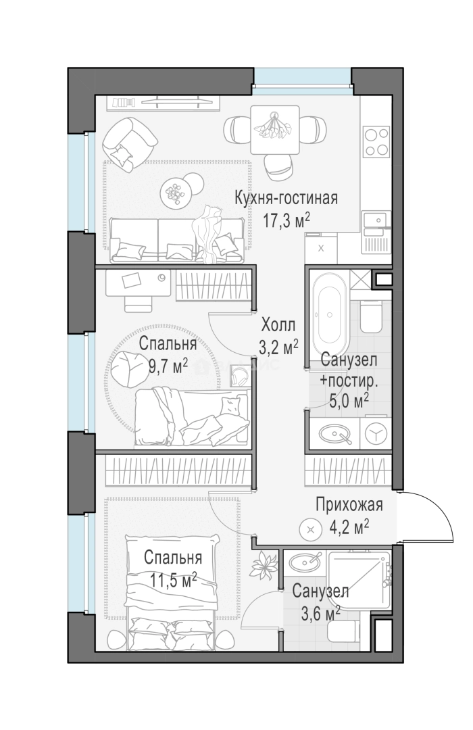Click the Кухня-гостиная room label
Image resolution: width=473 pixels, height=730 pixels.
pos(286,198)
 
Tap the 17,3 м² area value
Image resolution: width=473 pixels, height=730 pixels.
pos(287,220)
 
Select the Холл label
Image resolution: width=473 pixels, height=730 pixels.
pos(278,324)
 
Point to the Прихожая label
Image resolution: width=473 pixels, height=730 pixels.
pos(349,505)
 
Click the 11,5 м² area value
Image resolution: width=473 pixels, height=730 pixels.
pos(174,580)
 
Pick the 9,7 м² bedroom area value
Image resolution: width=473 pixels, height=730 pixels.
pos(168,366)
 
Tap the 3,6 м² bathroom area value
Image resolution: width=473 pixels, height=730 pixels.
pos(320,614)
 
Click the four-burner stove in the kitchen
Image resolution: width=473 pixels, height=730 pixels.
pos(376,141)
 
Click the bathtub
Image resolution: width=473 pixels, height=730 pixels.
pos(330,316)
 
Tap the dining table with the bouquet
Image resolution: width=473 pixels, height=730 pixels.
pos(274,129)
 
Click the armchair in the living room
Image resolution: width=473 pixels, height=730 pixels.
pos(129,143)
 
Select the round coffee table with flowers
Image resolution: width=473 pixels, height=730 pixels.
pos(175,191)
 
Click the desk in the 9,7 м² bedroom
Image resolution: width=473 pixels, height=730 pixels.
pos(138,283)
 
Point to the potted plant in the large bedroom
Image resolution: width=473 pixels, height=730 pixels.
pos(263,565)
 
